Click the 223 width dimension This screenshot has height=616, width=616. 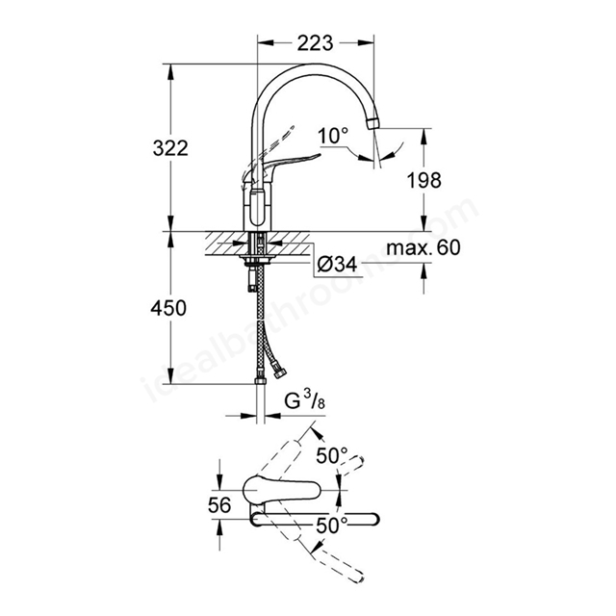[315, 42]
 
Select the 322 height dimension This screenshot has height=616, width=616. [170, 148]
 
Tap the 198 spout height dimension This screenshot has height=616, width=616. [423, 180]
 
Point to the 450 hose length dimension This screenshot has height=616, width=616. [168, 308]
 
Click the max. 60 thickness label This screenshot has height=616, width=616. [423, 248]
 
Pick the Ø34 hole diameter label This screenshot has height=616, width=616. [337, 264]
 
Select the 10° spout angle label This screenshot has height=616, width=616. [333, 136]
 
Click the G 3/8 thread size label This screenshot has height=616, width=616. [305, 401]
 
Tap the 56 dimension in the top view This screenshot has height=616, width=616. [219, 505]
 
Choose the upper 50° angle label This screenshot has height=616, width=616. [332, 455]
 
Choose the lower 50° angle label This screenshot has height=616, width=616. [332, 526]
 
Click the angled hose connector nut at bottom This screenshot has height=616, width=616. [281, 373]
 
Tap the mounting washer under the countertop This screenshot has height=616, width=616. [257, 258]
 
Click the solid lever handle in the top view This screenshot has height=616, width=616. [282, 490]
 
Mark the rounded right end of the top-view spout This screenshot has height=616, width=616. [373, 519]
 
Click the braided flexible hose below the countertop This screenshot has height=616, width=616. [260, 322]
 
